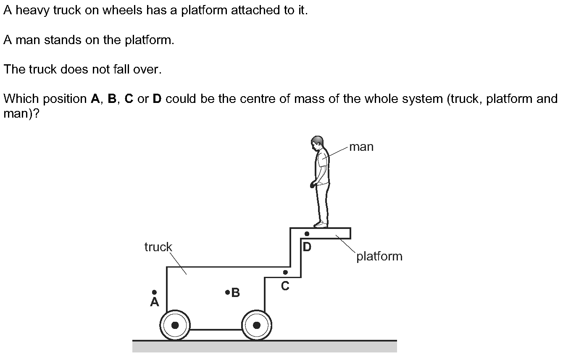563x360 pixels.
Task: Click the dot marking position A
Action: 155,292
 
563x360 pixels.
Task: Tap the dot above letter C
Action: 285,272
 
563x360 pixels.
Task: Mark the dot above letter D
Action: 307,234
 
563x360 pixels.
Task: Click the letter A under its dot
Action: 155,302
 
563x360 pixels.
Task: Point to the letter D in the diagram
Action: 307,247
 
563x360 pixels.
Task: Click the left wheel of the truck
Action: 175,325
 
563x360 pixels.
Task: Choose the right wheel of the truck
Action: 256,325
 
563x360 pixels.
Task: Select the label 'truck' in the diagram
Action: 158,247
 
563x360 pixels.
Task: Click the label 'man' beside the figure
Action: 361,147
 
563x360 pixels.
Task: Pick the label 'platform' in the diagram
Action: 379,256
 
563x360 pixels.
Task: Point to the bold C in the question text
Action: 129,99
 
